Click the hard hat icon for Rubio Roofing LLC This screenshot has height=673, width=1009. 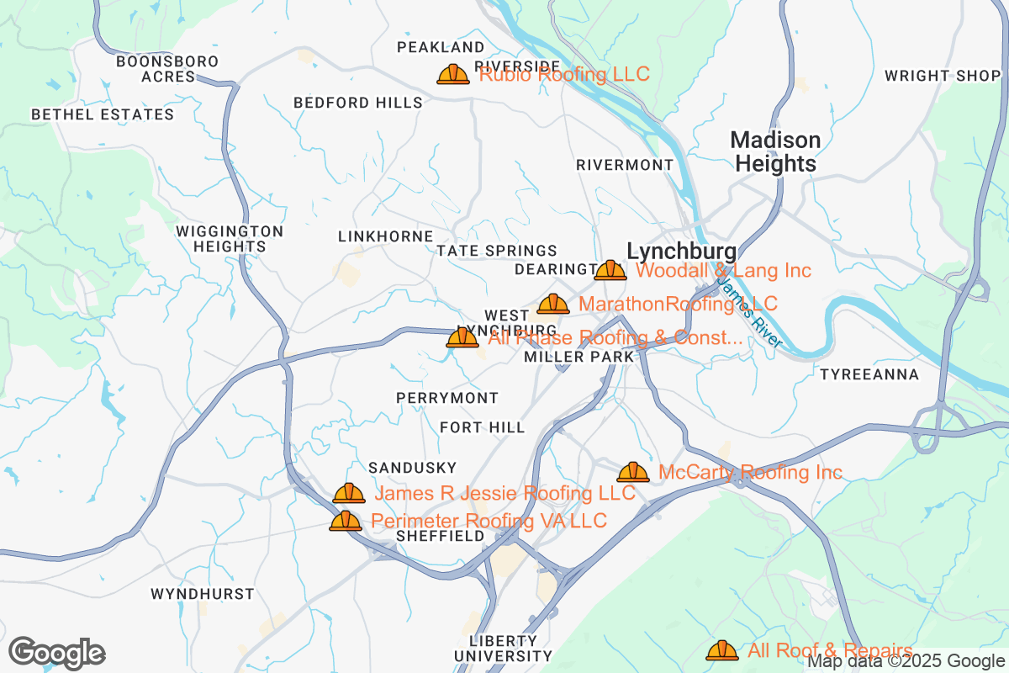453,75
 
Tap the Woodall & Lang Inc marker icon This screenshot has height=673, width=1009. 610,270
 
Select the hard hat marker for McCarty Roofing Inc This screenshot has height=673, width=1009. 633,473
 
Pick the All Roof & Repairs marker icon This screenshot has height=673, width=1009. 722,650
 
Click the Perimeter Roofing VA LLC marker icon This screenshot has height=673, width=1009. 346,522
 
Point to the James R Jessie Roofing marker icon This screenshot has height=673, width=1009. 349,493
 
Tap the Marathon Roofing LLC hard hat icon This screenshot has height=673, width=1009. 553,304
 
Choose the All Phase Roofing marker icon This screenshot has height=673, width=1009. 462,338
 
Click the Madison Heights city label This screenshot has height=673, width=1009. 775,151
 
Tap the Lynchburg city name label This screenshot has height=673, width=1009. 682,251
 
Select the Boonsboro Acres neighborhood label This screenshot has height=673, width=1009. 167,69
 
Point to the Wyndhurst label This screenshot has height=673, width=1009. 202,594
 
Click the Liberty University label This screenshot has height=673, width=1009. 504,648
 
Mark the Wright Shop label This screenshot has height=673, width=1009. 943,76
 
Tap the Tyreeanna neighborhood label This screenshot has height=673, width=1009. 869,374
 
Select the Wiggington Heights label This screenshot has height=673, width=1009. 230,239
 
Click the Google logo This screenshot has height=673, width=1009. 57,653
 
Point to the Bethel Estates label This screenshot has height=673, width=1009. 103,114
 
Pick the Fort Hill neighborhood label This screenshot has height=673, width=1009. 483,427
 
